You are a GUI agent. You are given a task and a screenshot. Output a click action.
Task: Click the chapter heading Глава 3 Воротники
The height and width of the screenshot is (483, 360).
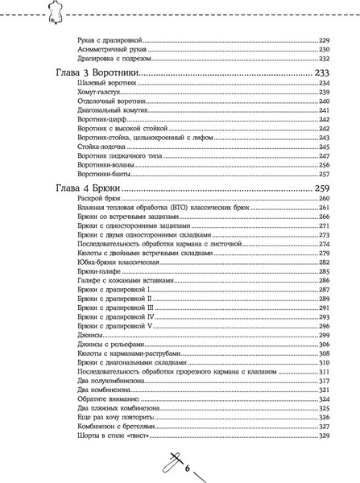click(97, 72)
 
